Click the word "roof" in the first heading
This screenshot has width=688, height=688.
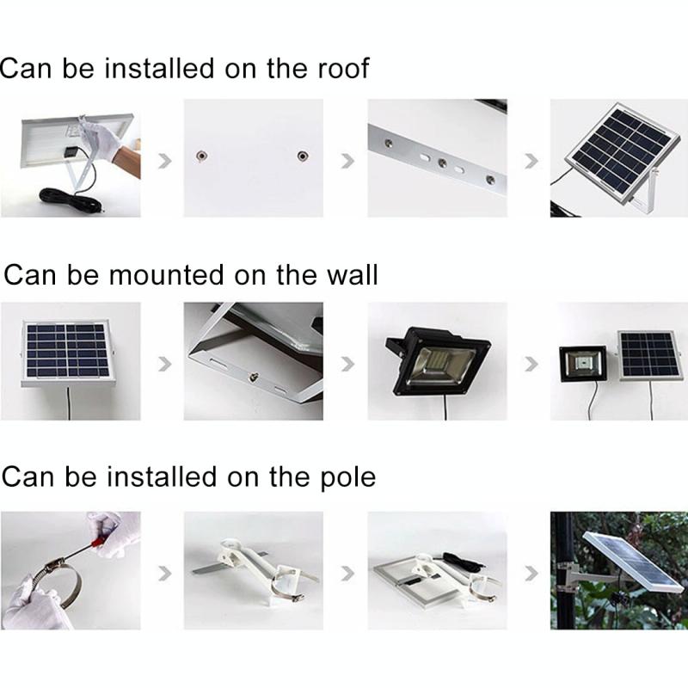(x=343, y=69)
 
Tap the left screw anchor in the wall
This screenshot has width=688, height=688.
(x=201, y=157)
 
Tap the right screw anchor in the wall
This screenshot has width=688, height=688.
(x=302, y=157)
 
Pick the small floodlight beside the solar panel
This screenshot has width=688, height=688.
(x=583, y=365)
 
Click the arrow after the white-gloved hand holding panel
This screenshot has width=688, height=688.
(x=165, y=161)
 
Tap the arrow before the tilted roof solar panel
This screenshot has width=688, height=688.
(x=531, y=161)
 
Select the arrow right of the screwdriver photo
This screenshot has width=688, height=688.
(x=165, y=573)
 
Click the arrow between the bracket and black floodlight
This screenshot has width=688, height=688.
(x=348, y=364)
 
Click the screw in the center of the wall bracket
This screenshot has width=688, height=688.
(x=254, y=376)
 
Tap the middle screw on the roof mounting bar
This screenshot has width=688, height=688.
(x=442, y=163)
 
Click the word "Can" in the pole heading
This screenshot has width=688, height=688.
(x=28, y=477)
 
